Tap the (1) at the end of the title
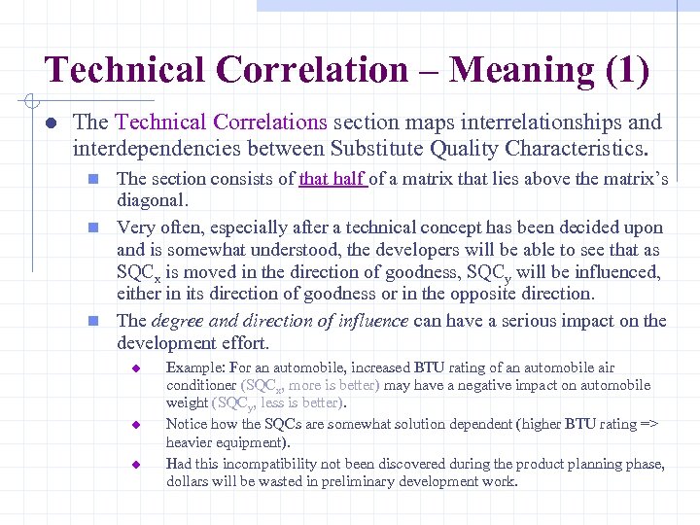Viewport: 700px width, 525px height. (x=627, y=69)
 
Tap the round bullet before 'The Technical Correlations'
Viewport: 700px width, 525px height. (x=49, y=123)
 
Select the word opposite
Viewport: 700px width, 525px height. (x=565, y=293)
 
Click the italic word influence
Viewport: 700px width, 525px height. (x=370, y=321)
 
